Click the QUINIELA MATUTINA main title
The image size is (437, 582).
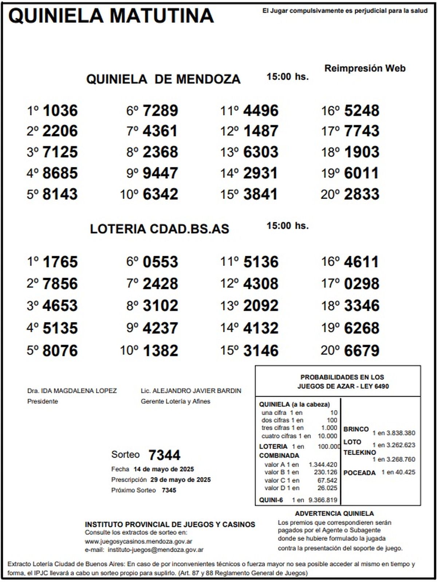[x=111, y=16]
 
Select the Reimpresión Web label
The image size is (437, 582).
[x=365, y=68]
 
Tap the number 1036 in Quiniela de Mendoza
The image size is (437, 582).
[x=60, y=110]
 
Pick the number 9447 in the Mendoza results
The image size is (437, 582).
[x=160, y=173]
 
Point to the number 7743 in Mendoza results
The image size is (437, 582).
[x=362, y=131]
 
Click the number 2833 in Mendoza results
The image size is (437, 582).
[x=362, y=194]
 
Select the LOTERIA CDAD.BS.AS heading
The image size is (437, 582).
[x=160, y=229]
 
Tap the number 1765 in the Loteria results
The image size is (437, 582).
[x=60, y=262]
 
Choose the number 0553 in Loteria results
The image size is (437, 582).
[x=160, y=262]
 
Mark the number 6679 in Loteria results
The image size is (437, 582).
[x=362, y=351]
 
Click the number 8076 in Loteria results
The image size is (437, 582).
[x=60, y=351]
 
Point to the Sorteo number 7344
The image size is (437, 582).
[x=165, y=455]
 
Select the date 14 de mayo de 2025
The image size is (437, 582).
[x=164, y=469]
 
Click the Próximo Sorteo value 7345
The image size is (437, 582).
[x=169, y=490]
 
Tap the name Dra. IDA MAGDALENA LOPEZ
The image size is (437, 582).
[x=72, y=391]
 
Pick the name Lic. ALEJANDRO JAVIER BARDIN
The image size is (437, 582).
[x=191, y=391]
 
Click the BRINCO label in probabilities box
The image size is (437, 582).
[x=356, y=429]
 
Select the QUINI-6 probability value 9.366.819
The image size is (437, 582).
[x=323, y=500]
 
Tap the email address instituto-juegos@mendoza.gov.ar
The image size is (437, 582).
[x=155, y=550]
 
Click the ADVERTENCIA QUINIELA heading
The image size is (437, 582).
[x=334, y=513]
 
